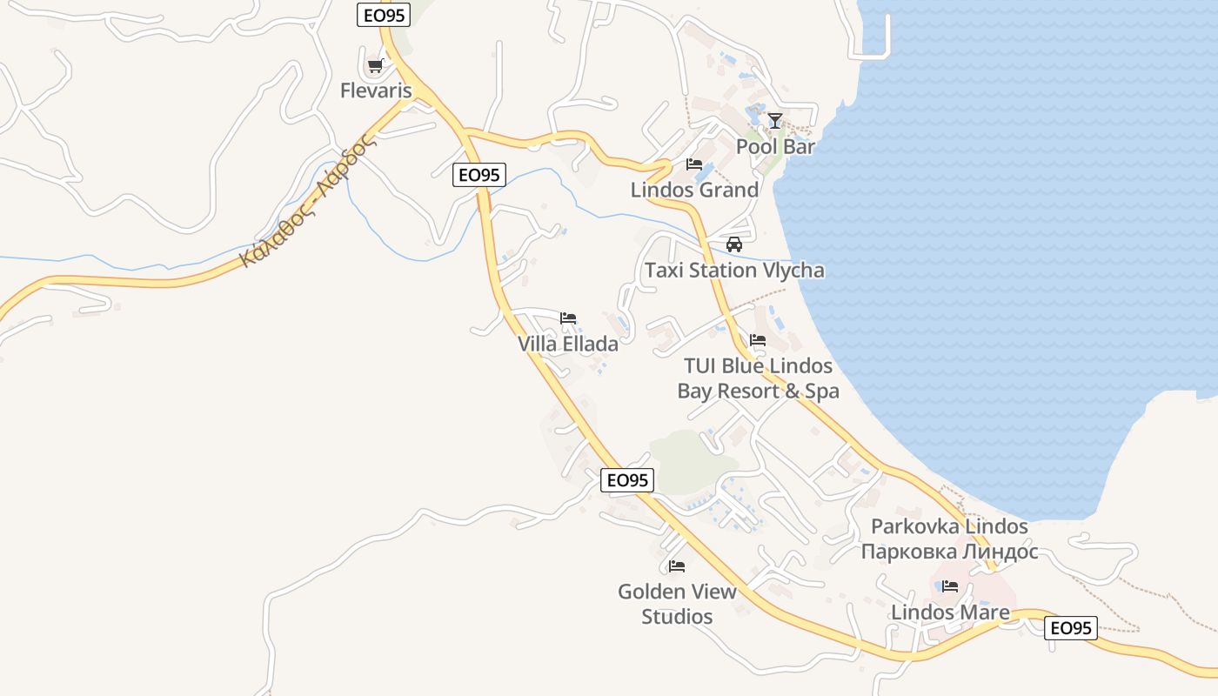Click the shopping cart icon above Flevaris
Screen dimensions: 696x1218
point(375,65)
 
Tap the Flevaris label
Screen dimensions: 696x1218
point(376,90)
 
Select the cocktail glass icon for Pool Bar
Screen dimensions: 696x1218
point(775,120)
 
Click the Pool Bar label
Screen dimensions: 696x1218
point(775,146)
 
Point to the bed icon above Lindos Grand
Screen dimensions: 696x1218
point(694,164)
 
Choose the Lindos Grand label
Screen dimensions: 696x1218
point(694,190)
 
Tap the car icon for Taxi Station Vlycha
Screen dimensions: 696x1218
point(734,244)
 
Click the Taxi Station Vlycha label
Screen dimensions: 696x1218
point(734,271)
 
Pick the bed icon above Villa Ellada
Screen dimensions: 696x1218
point(568,318)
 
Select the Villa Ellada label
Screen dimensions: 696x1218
point(568,344)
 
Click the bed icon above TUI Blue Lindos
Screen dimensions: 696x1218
point(758,340)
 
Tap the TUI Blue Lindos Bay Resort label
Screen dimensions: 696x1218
point(758,378)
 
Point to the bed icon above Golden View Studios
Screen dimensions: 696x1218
point(677,566)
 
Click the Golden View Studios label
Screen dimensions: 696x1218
point(677,604)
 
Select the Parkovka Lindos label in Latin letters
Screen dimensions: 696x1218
point(949,526)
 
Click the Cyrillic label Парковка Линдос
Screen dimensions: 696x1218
point(949,551)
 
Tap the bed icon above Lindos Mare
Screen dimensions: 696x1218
point(950,586)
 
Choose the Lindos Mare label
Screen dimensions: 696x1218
point(950,612)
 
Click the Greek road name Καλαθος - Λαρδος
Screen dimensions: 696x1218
point(308,202)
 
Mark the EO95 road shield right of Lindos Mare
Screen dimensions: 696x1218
point(1070,627)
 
